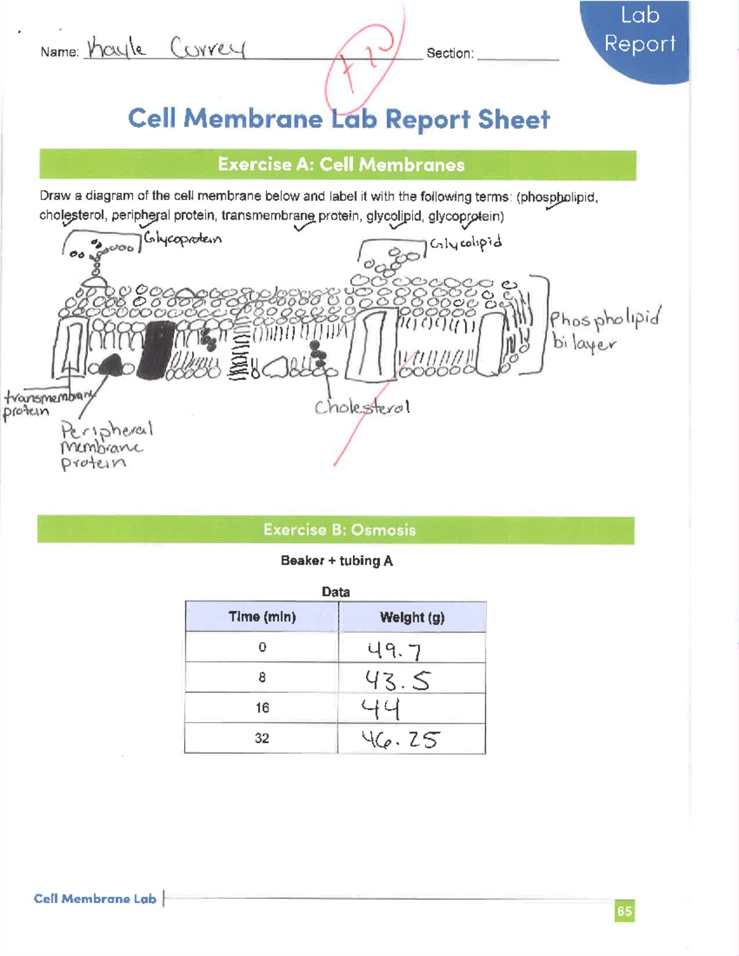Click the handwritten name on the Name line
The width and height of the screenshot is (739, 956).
pos(166,47)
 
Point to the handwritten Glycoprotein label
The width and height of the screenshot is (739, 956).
pos(182,238)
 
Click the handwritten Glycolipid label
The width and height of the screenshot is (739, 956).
pos(466,244)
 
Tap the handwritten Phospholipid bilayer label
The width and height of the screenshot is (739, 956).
pos(604,330)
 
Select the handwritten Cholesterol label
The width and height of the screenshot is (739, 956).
pos(362,408)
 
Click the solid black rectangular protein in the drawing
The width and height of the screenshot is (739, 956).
pos(157,348)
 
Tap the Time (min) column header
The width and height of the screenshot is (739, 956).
pos(262,617)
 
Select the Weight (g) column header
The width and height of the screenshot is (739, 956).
pos(412,617)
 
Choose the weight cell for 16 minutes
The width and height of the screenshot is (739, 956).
pos(411,709)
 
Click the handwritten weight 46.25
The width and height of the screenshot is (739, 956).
pos(400,739)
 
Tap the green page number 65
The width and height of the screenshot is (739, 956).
pos(624,911)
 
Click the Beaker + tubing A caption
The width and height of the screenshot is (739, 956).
pos(336,561)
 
